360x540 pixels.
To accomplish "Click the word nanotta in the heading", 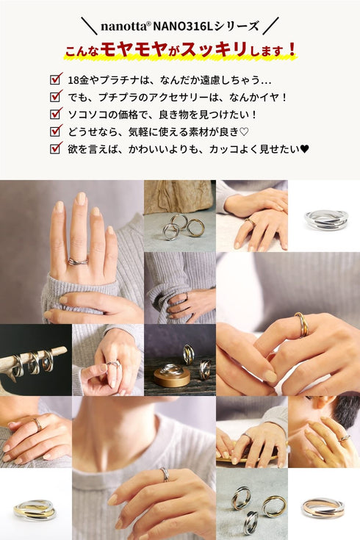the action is click(123, 26).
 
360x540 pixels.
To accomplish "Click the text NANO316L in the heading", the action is click(182, 26).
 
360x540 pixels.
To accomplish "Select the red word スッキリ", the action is click(215, 49).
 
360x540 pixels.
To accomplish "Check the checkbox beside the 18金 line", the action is click(56, 79).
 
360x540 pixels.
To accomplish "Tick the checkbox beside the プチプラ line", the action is click(56, 96).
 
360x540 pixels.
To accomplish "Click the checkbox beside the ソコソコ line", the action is click(56, 113).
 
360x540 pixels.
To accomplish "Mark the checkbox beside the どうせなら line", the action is click(56, 131).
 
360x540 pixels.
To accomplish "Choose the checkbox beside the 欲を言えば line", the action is click(56, 148).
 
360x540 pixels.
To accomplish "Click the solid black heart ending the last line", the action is click(305, 149).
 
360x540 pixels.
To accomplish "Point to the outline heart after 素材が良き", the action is click(244, 132).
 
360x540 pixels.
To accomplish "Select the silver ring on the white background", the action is click(327, 220).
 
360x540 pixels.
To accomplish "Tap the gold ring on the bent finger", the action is click(300, 325).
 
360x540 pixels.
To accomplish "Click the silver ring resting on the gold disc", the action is click(172, 370).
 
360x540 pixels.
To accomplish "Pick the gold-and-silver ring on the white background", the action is click(35, 510).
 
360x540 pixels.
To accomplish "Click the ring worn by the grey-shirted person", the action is click(165, 474).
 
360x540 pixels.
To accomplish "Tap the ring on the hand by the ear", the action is click(344, 439).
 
